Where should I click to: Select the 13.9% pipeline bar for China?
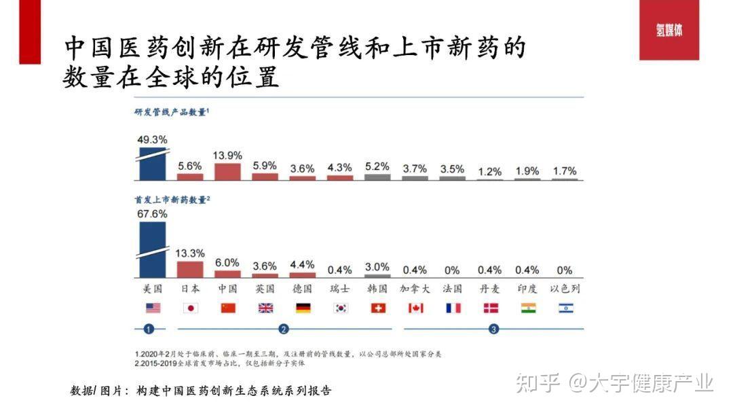click(227, 171)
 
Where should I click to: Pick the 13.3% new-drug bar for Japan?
click(190, 269)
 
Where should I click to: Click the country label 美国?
click(153, 289)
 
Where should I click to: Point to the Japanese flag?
click(191, 308)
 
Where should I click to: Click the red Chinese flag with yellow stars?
click(228, 308)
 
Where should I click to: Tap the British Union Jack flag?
click(265, 308)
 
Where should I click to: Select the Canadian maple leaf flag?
click(415, 308)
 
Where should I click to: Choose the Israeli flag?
click(566, 308)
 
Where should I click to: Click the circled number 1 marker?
click(150, 329)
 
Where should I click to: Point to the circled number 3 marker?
click(493, 329)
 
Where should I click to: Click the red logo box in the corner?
click(669, 31)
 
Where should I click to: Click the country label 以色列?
click(565, 289)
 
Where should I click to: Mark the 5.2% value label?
click(377, 166)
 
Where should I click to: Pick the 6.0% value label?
click(227, 262)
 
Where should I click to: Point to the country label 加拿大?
click(415, 289)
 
